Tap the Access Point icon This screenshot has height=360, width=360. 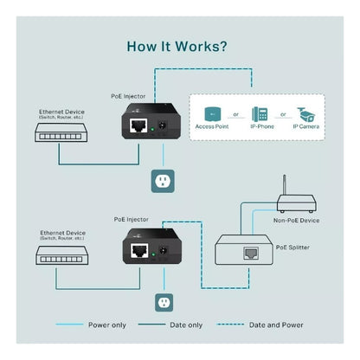point(212,113)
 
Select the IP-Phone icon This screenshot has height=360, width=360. point(259,113)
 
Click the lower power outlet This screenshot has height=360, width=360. point(162,303)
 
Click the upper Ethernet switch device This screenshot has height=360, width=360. point(61,132)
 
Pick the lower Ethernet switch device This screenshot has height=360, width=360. point(61,254)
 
